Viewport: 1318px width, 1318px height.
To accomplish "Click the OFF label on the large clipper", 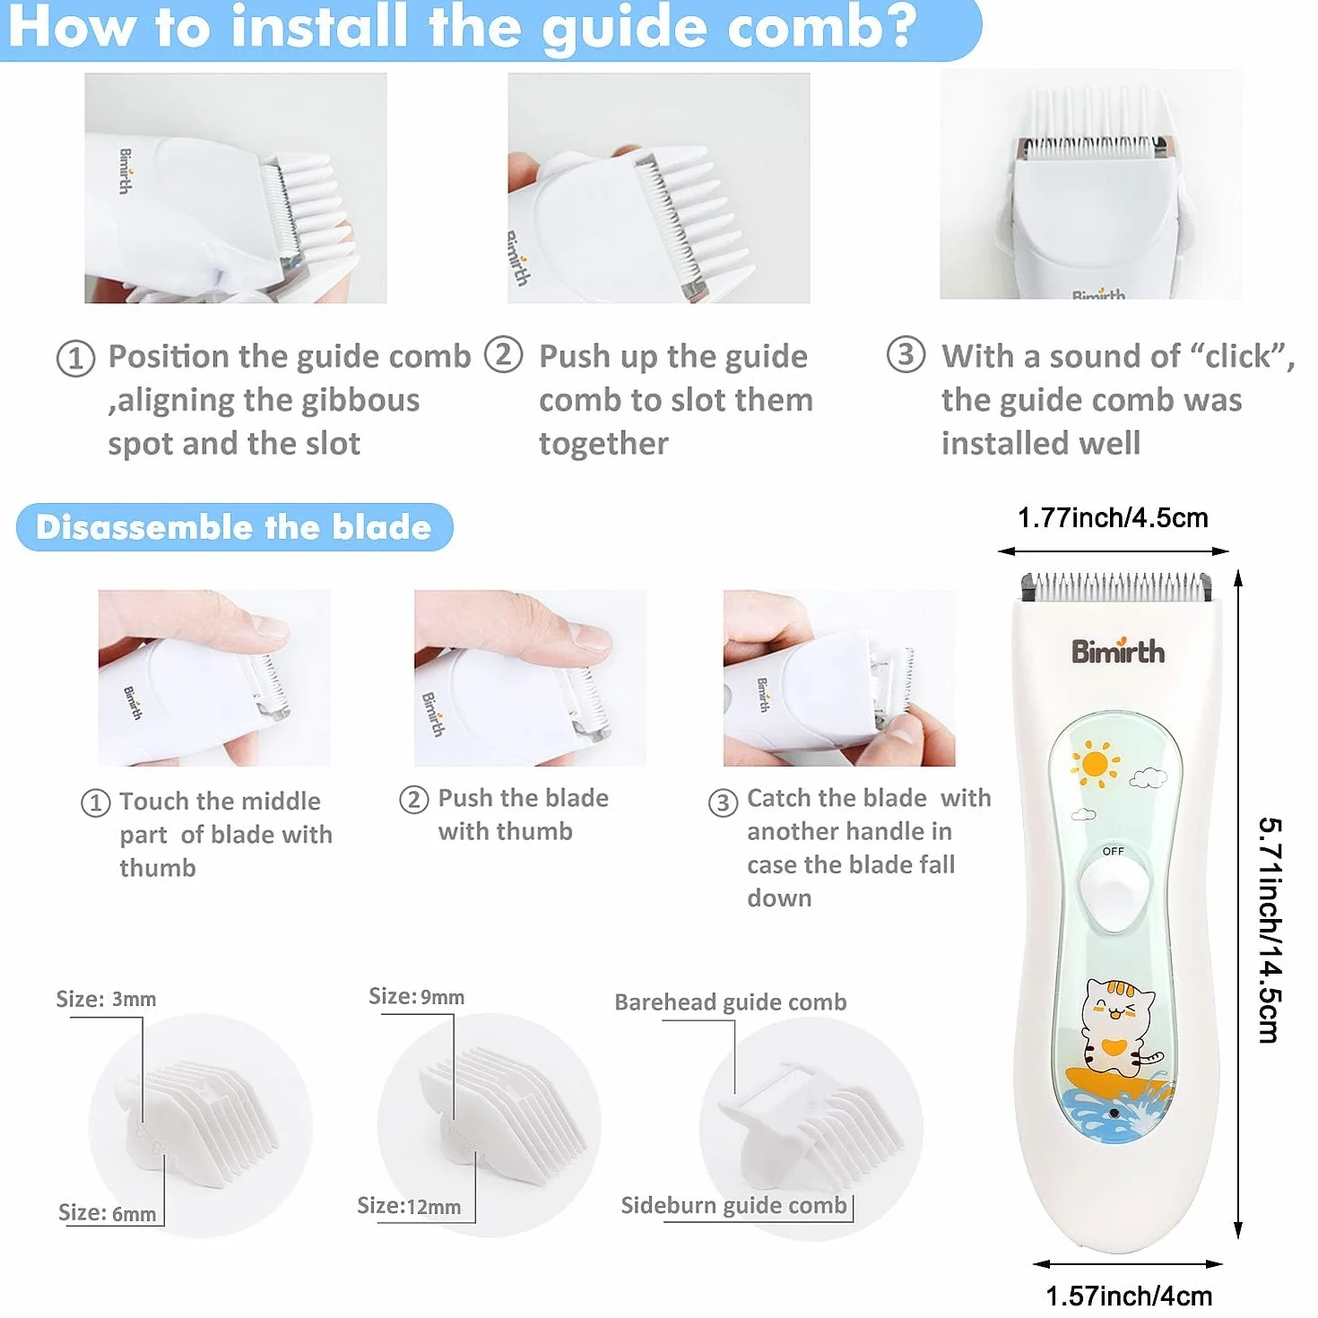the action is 1113,852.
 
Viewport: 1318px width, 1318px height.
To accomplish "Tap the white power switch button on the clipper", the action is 1114,892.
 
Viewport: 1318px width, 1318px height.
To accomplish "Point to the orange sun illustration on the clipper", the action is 1095,764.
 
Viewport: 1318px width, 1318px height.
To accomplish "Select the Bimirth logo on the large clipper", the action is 1117,651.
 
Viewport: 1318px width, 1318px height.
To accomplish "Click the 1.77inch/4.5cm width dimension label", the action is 1113,517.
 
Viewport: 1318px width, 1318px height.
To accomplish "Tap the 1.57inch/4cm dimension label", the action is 1129,1296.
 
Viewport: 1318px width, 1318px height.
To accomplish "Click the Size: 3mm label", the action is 106,1000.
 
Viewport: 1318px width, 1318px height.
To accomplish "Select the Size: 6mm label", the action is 108,1213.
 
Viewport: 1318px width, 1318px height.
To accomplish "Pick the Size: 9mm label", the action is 417,996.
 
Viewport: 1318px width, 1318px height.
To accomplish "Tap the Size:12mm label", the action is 409,1206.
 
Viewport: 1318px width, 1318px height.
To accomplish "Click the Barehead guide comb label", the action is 731,1002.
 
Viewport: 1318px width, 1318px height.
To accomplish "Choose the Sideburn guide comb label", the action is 734,1205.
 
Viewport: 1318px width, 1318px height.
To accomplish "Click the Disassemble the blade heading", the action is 234,527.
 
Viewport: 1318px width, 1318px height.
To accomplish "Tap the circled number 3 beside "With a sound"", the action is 906,355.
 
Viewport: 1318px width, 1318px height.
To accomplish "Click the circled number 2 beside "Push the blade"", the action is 414,800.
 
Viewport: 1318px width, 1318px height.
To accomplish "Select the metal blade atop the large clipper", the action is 1117,587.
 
